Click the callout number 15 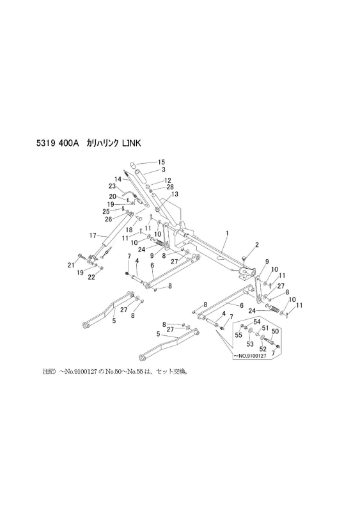pyautogui.click(x=161, y=162)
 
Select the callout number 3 pyautogui.click(x=164, y=170)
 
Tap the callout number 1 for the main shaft pyautogui.click(x=227, y=233)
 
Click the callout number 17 pyautogui.click(x=93, y=235)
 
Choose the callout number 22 pyautogui.click(x=91, y=277)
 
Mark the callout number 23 pyautogui.click(x=112, y=186)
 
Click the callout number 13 pyautogui.click(x=175, y=194)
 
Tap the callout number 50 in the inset pyautogui.click(x=275, y=331)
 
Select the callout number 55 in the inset pyautogui.click(x=239, y=335)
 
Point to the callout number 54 pyautogui.click(x=256, y=321)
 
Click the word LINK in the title pyautogui.click(x=131, y=143)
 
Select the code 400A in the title pyautogui.click(x=68, y=143)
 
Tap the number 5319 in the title pyautogui.click(x=45, y=143)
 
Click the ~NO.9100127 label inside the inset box pyautogui.click(x=249, y=356)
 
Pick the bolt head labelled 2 pyautogui.click(x=244, y=258)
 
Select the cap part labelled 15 pyautogui.click(x=134, y=165)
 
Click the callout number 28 pyautogui.click(x=170, y=187)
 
